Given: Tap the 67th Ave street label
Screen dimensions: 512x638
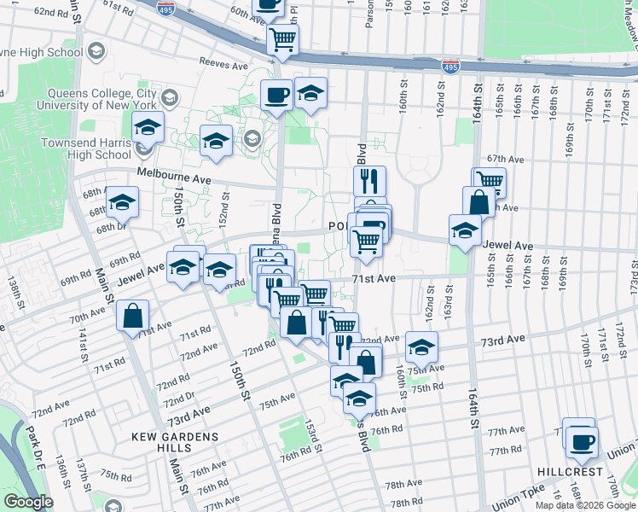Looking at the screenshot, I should pyautogui.click(x=504, y=159).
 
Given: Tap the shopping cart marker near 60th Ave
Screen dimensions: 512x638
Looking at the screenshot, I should pyautogui.click(x=282, y=38).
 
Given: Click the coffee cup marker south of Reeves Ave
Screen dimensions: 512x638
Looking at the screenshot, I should pyautogui.click(x=276, y=96).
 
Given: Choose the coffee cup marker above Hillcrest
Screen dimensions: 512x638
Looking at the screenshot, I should pyautogui.click(x=583, y=441).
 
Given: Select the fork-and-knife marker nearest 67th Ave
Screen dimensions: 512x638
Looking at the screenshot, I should pyautogui.click(x=369, y=180).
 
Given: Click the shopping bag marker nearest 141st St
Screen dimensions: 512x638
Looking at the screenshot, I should pyautogui.click(x=133, y=315).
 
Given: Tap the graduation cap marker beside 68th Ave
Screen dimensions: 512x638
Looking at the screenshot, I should pyautogui.click(x=122, y=202).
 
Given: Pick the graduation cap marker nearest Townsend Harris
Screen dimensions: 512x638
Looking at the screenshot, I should pyautogui.click(x=148, y=128).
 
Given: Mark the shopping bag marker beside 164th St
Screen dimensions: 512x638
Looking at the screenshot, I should pyautogui.click(x=478, y=202).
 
